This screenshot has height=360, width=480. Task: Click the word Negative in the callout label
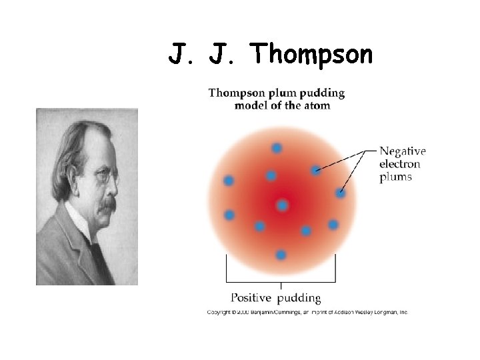click(x=403, y=151)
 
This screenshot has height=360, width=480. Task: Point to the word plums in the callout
click(x=395, y=177)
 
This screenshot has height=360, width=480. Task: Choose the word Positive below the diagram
click(x=251, y=298)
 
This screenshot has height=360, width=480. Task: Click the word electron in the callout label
click(x=399, y=164)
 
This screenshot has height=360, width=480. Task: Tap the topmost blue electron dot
click(x=277, y=147)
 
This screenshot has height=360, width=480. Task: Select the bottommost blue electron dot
click(x=281, y=255)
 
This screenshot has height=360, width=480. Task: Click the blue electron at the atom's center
click(x=282, y=205)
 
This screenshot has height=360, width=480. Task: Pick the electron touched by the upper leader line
click(x=315, y=171)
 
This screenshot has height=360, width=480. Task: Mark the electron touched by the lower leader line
click(x=341, y=193)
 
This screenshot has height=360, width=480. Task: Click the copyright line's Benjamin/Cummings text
click(x=266, y=312)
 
